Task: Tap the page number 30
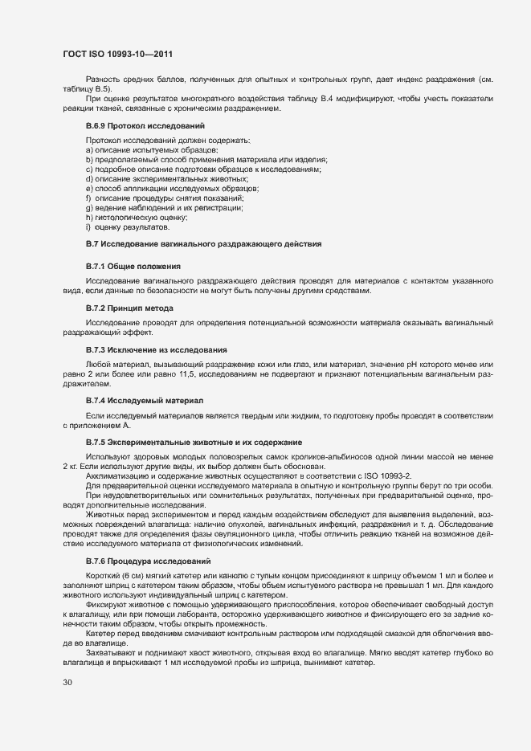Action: pyautogui.click(x=67, y=683)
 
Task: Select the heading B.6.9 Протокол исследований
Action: pyautogui.click(x=145, y=126)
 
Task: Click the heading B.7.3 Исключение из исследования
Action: pyautogui.click(x=156, y=350)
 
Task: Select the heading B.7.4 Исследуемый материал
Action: pyautogui.click(x=144, y=400)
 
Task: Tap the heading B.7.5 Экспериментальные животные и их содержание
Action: pyautogui.click(x=193, y=443)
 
